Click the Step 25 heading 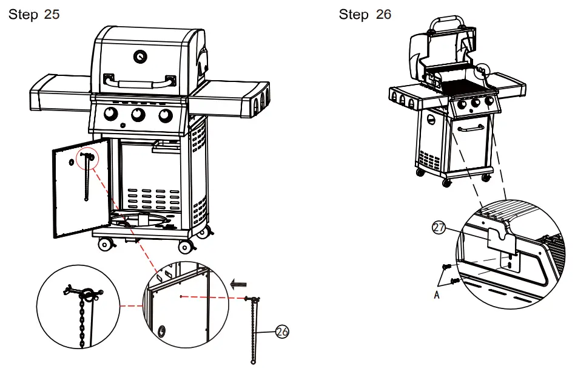tap(34, 15)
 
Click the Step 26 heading tap(365, 15)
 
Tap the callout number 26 tap(281, 331)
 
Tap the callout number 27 tap(438, 228)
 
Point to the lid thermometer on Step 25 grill tap(140, 56)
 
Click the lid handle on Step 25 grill tap(140, 81)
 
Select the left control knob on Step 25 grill tap(111, 114)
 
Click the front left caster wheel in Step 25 tap(106, 244)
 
